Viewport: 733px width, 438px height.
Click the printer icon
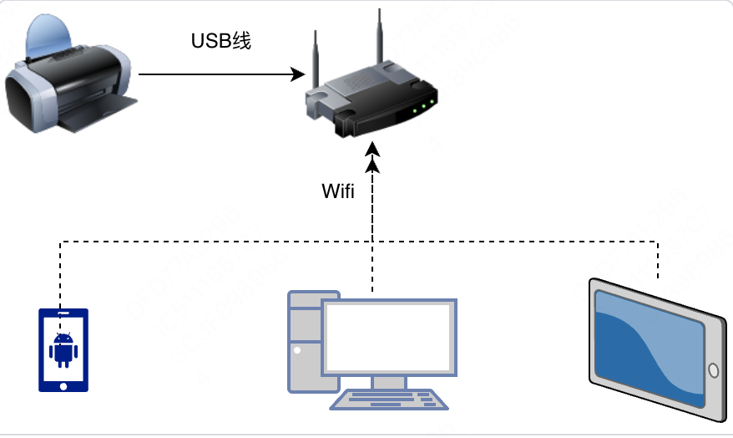(x=68, y=79)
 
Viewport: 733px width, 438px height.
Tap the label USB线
(x=221, y=41)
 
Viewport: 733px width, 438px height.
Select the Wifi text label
(x=338, y=191)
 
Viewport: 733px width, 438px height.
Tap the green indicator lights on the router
(x=424, y=105)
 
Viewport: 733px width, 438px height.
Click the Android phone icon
(x=63, y=350)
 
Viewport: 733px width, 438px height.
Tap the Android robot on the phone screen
(x=63, y=349)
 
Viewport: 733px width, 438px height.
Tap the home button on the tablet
(x=712, y=370)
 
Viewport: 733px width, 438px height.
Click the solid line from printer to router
(x=217, y=74)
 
